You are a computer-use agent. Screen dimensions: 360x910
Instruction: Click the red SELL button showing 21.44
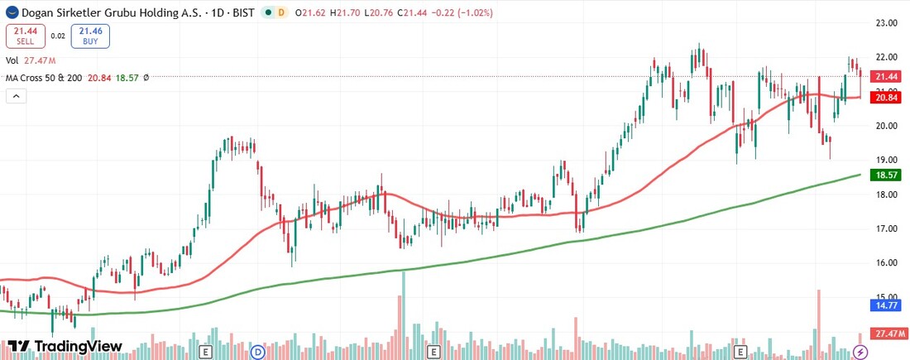(x=25, y=36)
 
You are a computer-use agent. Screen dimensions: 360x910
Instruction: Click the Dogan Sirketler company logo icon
(x=10, y=12)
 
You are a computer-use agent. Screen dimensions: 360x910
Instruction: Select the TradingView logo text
(x=65, y=346)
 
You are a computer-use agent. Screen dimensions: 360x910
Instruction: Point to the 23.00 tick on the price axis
(x=887, y=23)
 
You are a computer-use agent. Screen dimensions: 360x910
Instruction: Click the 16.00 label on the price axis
(x=887, y=262)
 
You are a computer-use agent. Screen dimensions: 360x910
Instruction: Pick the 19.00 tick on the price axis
(x=887, y=160)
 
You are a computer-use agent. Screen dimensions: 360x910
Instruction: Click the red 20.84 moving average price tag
(x=887, y=98)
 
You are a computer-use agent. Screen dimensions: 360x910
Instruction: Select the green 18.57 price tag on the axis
(x=887, y=175)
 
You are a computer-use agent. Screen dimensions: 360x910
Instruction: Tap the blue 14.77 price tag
(x=887, y=305)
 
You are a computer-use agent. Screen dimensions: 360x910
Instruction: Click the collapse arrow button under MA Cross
(x=17, y=96)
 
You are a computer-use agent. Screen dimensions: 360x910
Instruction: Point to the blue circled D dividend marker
(x=258, y=352)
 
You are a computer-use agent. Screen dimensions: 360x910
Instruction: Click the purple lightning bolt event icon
(x=860, y=352)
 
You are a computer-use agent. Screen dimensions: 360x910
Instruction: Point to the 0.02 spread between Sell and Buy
(x=57, y=36)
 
